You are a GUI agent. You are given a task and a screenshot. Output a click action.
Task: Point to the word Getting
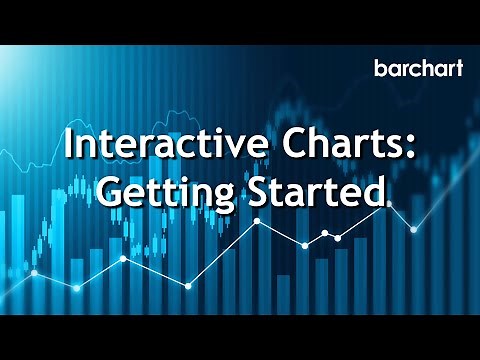tap(154, 190)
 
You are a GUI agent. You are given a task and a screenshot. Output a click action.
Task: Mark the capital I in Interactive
tap(68, 145)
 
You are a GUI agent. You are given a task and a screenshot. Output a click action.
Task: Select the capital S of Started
tap(237, 189)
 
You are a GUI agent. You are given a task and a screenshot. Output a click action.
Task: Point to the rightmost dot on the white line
tap(413, 229)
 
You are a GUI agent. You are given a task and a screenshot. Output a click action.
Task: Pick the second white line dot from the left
tap(77, 288)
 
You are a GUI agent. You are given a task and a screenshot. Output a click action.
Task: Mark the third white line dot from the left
tap(123, 258)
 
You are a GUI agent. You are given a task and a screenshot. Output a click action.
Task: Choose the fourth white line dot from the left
tap(187, 286)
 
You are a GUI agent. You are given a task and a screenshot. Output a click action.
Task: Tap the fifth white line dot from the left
tap(257, 219)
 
